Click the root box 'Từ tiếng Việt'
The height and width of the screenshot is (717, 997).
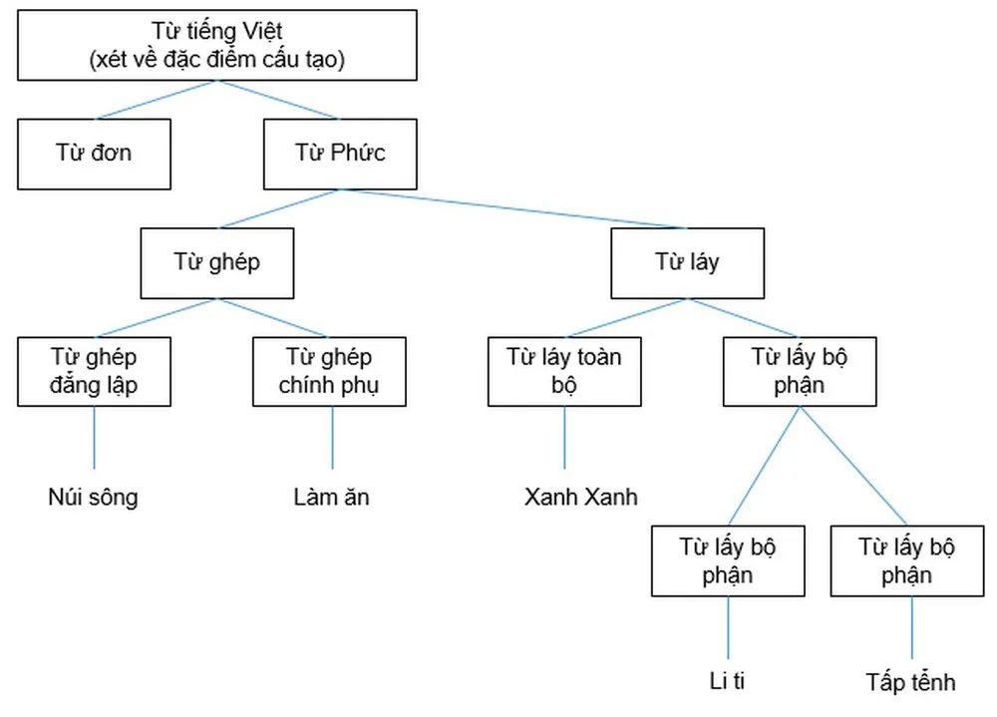[x=215, y=46]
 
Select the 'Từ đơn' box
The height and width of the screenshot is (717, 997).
[x=94, y=154]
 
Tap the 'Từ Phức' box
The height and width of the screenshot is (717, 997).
[x=340, y=154]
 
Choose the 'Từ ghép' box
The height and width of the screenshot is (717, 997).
[x=217, y=262]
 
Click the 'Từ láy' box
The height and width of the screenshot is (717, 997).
[x=687, y=262]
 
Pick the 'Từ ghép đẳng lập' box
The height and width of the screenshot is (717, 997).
[x=94, y=371]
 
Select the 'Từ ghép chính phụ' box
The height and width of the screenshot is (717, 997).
[x=329, y=371]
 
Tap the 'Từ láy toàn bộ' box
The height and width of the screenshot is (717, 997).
[x=564, y=371]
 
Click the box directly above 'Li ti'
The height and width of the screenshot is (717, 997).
[x=728, y=561]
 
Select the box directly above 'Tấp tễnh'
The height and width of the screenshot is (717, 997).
[x=907, y=561]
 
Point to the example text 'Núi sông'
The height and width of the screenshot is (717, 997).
[x=93, y=497]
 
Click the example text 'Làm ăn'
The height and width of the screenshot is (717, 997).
[x=331, y=497]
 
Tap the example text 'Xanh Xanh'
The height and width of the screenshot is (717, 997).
[x=580, y=497]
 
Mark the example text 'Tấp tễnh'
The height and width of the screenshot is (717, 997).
[x=910, y=682]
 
